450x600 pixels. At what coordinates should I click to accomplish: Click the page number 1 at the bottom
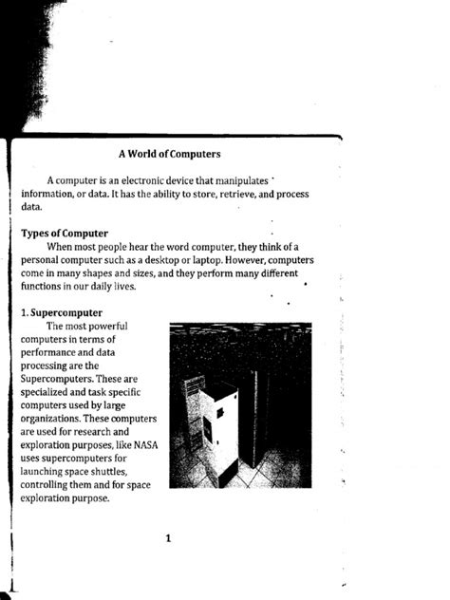pos(167,540)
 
